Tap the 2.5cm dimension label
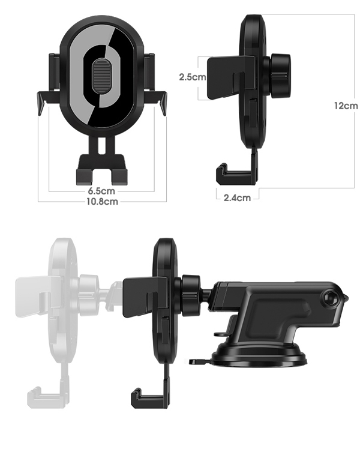point(191,77)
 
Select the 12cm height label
point(346,105)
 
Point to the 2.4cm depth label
point(236,197)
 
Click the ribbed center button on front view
point(101,78)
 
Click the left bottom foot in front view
point(83,174)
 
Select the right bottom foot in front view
point(118,174)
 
